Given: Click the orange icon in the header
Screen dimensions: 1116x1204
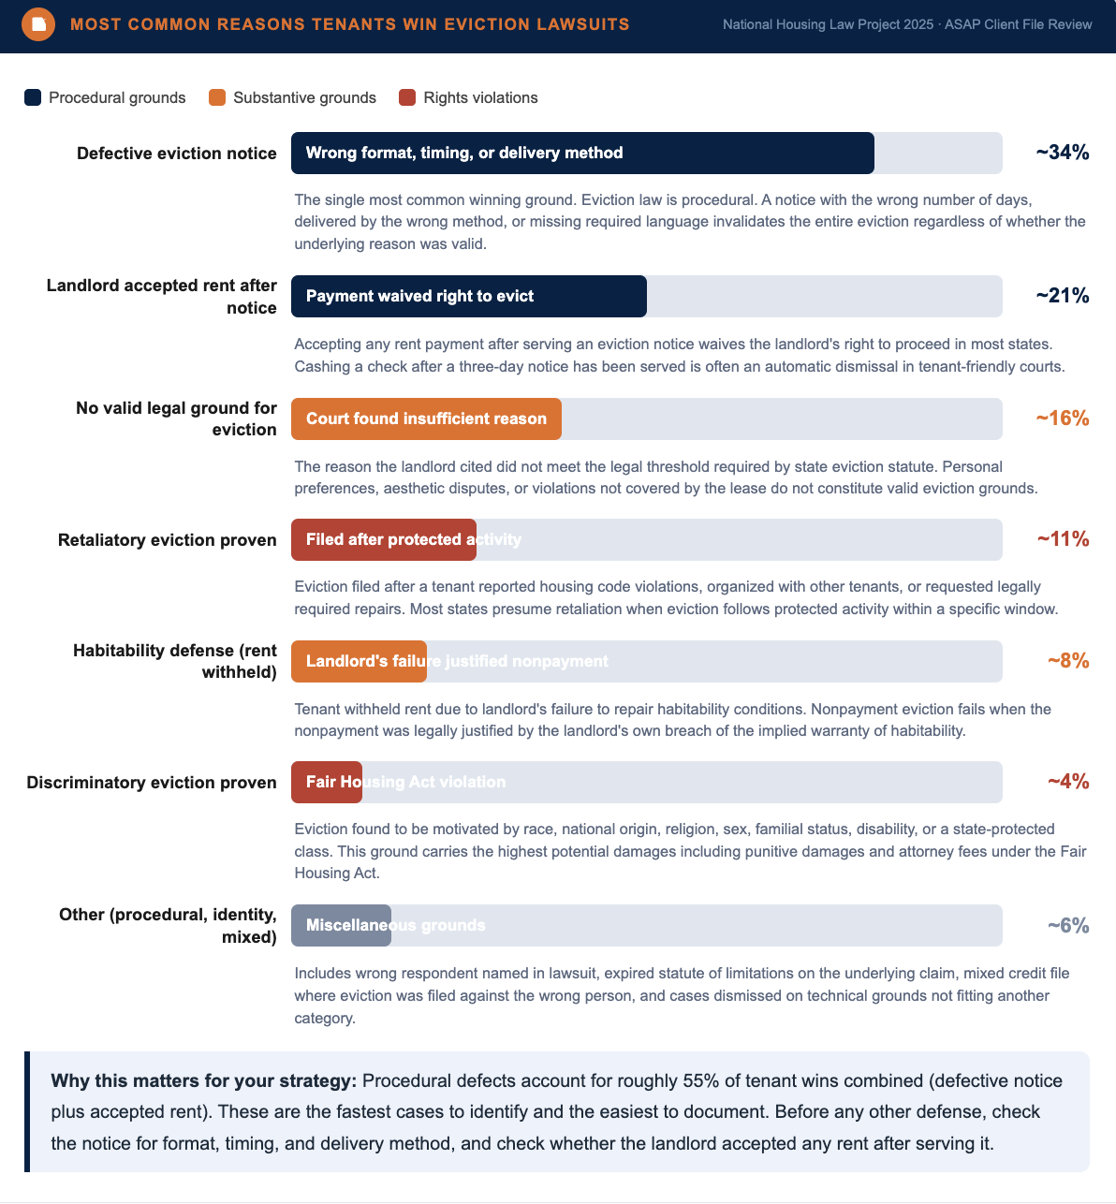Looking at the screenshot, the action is click(x=38, y=24).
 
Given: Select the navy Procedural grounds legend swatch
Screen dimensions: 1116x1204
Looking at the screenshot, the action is click(x=33, y=97).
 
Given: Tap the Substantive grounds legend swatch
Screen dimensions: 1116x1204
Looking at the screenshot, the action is click(x=217, y=97).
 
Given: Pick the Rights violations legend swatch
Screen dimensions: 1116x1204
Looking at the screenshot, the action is click(x=407, y=97).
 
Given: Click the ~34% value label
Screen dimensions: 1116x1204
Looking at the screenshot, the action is click(x=1062, y=153).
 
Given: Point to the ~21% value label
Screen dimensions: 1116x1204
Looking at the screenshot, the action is click(x=1062, y=296).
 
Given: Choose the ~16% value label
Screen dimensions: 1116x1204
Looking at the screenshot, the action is click(x=1062, y=418).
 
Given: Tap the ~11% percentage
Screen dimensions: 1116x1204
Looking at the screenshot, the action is click(x=1063, y=539).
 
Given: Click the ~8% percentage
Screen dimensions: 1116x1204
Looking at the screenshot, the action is click(x=1068, y=661).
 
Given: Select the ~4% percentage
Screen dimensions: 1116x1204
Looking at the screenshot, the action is click(x=1068, y=782).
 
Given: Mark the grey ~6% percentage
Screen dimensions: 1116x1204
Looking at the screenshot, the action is click(x=1068, y=926).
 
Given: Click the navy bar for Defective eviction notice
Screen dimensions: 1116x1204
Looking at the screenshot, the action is click(x=582, y=153).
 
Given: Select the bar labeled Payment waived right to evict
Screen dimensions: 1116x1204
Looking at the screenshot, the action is click(x=469, y=297).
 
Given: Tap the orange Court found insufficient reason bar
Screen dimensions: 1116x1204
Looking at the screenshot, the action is click(x=426, y=418).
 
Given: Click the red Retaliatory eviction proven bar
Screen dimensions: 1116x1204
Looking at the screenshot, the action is click(x=383, y=539).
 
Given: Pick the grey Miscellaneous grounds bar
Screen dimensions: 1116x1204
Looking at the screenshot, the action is click(x=341, y=926).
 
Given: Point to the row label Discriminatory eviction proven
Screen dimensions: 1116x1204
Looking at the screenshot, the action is click(x=152, y=783).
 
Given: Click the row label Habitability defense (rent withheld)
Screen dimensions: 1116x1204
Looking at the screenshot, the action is click(x=175, y=661).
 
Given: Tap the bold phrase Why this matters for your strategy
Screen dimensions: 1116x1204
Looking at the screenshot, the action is click(x=204, y=1081).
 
